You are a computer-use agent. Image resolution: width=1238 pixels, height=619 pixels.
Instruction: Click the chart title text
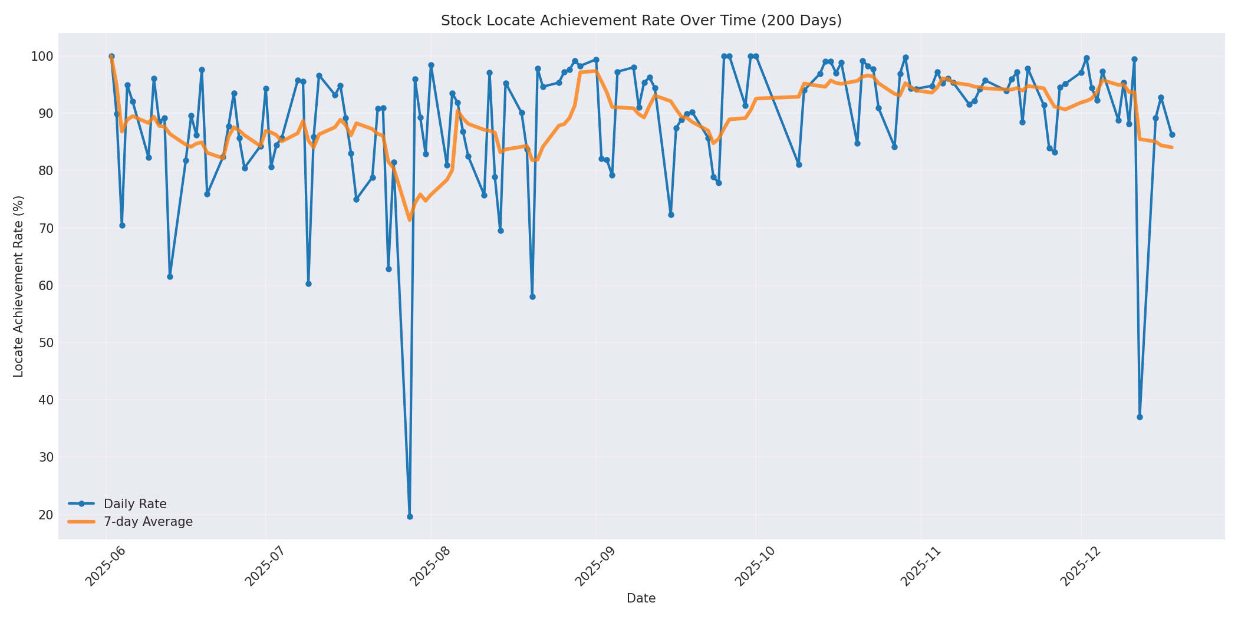641,21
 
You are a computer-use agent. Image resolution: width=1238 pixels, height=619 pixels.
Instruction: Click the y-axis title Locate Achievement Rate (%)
18,287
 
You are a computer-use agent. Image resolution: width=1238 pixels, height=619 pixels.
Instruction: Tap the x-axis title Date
641,598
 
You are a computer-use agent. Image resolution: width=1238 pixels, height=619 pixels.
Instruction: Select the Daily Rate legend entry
135,504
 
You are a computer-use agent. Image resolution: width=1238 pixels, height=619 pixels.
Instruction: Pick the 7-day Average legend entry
148,522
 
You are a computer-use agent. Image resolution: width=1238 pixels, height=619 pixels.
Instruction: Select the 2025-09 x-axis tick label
596,567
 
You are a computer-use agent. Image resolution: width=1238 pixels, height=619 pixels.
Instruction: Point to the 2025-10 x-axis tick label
756,567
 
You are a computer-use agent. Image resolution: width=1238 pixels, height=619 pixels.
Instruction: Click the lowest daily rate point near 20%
410,516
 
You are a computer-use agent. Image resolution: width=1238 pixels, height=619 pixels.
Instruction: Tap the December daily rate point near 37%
1140,417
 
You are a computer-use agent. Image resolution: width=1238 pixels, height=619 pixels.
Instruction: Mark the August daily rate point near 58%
532,297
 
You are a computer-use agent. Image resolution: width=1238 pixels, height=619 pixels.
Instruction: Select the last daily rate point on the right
1172,134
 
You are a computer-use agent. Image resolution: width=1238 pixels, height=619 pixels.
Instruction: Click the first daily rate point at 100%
111,57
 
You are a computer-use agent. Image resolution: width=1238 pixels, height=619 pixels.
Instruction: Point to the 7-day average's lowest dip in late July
410,220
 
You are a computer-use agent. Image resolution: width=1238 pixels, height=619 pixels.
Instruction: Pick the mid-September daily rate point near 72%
671,215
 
